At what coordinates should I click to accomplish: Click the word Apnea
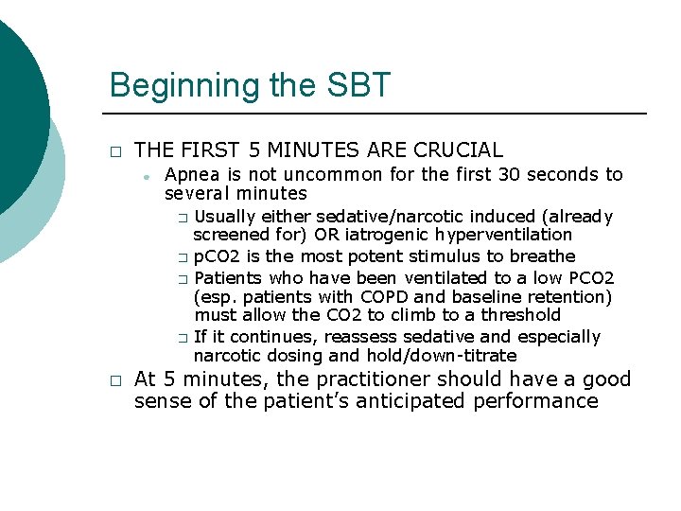pos(191,174)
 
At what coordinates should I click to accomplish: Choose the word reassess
pos(358,337)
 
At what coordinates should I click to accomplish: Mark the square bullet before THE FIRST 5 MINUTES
pos(114,151)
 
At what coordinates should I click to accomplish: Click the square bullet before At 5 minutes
pos(114,380)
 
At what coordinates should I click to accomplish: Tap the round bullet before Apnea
pos(148,176)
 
